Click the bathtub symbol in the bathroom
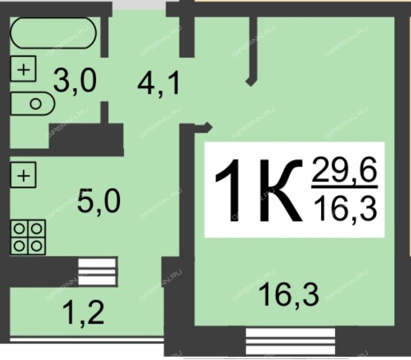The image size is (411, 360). click(53, 33)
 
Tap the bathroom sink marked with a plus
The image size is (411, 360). click(24, 69)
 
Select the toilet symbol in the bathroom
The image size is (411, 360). click(33, 103)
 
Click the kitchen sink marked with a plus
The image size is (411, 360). click(24, 175)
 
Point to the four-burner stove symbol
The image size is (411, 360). click(28, 237)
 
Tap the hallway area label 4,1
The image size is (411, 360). click(159, 83)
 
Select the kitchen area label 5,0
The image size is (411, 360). click(99, 200)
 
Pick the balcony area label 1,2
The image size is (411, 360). click(83, 312)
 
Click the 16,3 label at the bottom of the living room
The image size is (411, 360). click(289, 295)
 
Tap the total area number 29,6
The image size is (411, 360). click(344, 170)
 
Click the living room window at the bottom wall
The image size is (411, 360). click(290, 342)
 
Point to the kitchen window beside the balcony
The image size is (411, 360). click(98, 271)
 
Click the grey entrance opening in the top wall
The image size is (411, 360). click(139, 5)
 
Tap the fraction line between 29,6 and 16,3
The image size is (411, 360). click(344, 187)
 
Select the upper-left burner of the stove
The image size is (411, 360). click(19, 229)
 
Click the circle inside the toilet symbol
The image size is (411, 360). click(36, 104)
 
